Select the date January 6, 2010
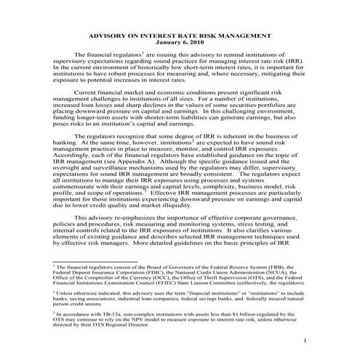pyautogui.click(x=179, y=42)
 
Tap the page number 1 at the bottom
pyautogui.click(x=306, y=340)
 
